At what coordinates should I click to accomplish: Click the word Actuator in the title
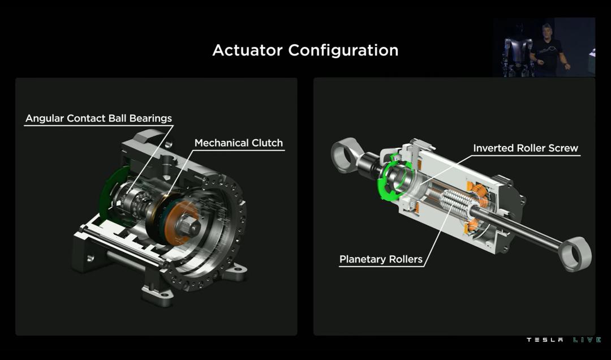pos(247,50)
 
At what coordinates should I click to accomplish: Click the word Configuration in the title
pos(343,51)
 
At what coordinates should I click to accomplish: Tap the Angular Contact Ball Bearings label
pos(98,118)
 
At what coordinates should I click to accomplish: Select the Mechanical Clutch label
pos(239,143)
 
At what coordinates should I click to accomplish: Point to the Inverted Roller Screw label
pos(525,148)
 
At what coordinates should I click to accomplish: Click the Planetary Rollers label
pos(381,259)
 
